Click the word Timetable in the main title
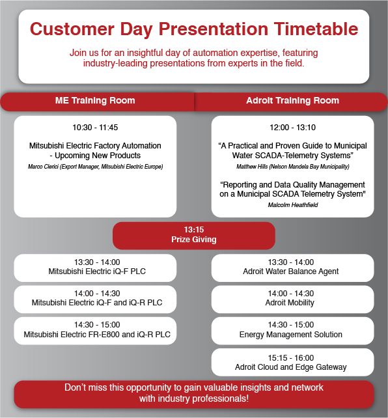point(316,29)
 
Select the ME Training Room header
point(95,100)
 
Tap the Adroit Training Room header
point(292,100)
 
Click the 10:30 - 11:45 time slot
point(95,128)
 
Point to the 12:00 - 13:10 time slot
point(292,128)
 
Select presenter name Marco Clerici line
point(96,167)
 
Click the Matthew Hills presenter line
point(292,167)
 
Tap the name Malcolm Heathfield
point(293,204)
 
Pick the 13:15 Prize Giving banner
point(194,236)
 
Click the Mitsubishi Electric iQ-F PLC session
point(97,272)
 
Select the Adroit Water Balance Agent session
point(291,272)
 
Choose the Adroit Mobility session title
point(290,303)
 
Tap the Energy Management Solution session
point(291,334)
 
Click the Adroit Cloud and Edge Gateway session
point(291,367)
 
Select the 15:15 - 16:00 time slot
point(291,357)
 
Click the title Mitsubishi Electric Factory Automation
point(95,146)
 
